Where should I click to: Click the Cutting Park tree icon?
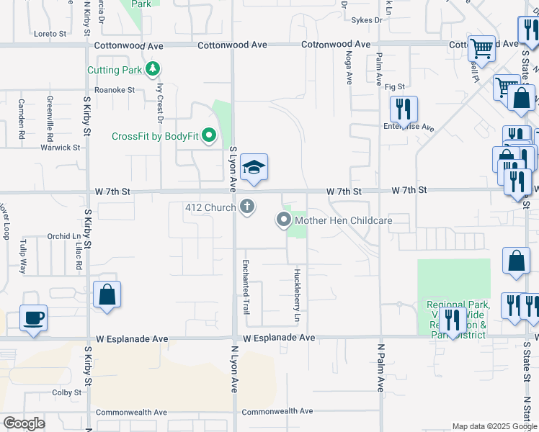coord(152,70)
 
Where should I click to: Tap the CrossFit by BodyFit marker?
coord(209,136)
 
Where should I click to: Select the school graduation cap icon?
coord(253,168)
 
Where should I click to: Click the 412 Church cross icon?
coord(247,208)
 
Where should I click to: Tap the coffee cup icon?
coord(33,317)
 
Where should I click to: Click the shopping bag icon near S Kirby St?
coord(107,294)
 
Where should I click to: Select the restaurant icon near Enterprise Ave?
coord(404,109)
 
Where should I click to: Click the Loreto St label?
coord(50,33)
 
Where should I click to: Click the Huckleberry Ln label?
coord(296,295)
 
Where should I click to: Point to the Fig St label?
coord(395,86)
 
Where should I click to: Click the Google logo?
coord(24,423)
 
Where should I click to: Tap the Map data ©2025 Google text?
coord(494,426)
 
